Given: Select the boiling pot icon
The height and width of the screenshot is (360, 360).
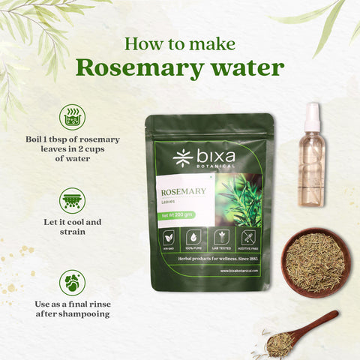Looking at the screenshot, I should click(72, 117).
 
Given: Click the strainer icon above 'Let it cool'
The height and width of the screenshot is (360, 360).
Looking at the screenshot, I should click(72, 200).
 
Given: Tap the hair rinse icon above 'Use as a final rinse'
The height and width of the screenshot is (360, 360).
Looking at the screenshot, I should click(72, 282).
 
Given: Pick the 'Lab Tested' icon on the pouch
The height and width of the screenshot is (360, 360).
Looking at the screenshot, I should click(221, 237).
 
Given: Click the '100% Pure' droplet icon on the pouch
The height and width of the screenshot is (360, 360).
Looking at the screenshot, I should click(194, 237).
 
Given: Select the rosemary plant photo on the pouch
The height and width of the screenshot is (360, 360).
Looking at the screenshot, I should click(241, 196).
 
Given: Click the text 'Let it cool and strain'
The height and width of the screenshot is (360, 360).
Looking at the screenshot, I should click(72, 227).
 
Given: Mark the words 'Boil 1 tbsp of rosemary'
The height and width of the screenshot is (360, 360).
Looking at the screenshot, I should click(72, 139).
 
